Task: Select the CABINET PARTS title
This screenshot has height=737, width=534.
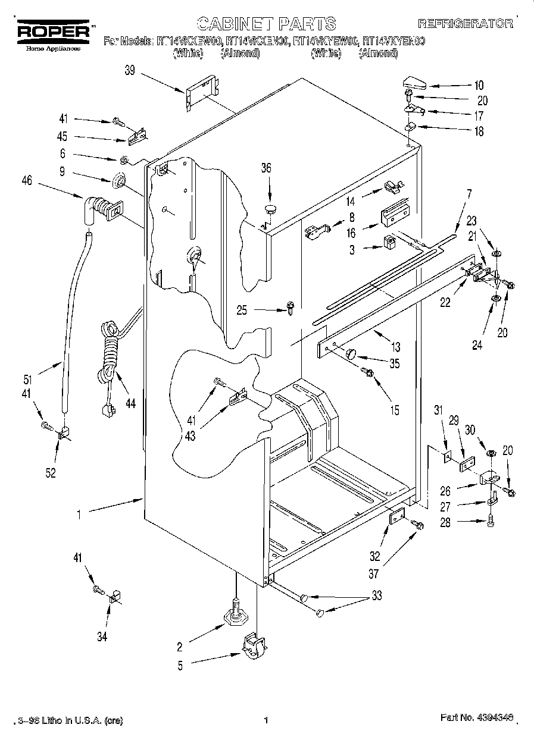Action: click(266, 24)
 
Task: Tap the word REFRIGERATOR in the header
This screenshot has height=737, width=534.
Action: click(465, 24)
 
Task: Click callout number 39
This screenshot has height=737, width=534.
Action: click(130, 70)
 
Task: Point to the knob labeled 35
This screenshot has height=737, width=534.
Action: click(351, 354)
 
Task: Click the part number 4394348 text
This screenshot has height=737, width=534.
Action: click(477, 719)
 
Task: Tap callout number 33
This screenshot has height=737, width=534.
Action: click(376, 595)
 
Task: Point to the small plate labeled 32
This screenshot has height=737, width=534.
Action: click(396, 519)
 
